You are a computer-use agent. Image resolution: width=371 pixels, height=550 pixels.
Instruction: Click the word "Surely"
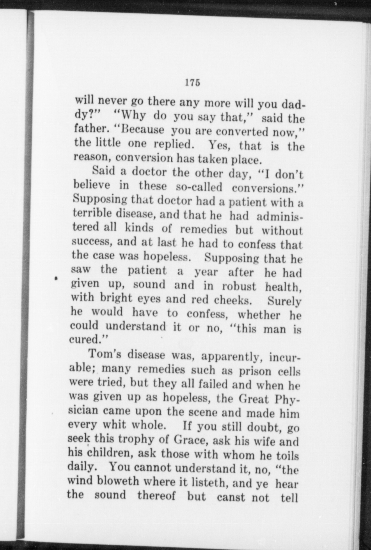[284, 301]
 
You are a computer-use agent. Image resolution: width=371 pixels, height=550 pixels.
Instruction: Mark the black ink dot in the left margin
[57, 278]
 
